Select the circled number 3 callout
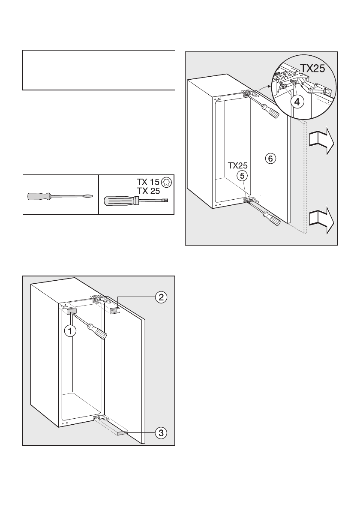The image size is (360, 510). point(160,433)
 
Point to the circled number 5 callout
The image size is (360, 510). point(243,175)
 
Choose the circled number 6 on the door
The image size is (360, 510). point(270,159)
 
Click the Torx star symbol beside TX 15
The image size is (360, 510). point(166,182)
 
